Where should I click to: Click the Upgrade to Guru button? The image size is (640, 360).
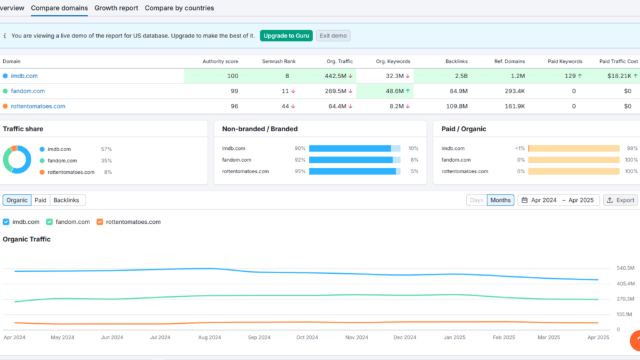(x=286, y=36)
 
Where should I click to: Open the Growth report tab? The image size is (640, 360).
(x=116, y=8)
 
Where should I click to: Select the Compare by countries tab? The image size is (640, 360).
(x=179, y=8)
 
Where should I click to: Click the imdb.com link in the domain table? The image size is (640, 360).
(x=24, y=76)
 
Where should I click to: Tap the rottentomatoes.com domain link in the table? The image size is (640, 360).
(x=37, y=106)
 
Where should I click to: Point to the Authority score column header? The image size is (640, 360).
(x=220, y=61)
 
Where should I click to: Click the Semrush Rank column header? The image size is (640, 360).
(x=279, y=61)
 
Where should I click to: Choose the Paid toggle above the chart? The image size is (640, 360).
(x=41, y=200)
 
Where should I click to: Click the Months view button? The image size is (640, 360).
(x=500, y=200)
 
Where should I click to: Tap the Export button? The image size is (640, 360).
(x=620, y=200)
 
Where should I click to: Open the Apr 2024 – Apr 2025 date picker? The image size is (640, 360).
(x=558, y=200)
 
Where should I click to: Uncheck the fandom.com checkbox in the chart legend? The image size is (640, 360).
(x=50, y=222)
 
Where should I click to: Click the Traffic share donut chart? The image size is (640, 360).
(x=17, y=159)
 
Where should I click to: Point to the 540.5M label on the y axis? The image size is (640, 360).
(x=626, y=268)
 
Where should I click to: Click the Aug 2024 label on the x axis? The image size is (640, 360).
(x=209, y=337)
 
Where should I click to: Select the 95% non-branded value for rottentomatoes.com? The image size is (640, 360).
(x=300, y=171)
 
